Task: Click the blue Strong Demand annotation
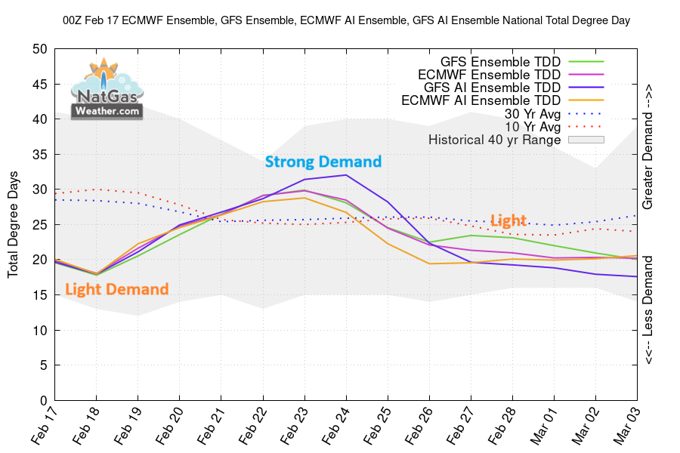[323, 162]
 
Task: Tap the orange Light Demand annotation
[116, 289]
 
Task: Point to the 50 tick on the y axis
[40, 49]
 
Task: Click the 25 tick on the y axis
[40, 225]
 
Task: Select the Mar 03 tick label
[629, 427]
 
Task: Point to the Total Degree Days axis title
[14, 225]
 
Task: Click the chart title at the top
[346, 21]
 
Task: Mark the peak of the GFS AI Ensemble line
[346, 175]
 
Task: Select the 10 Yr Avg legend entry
[532, 126]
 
